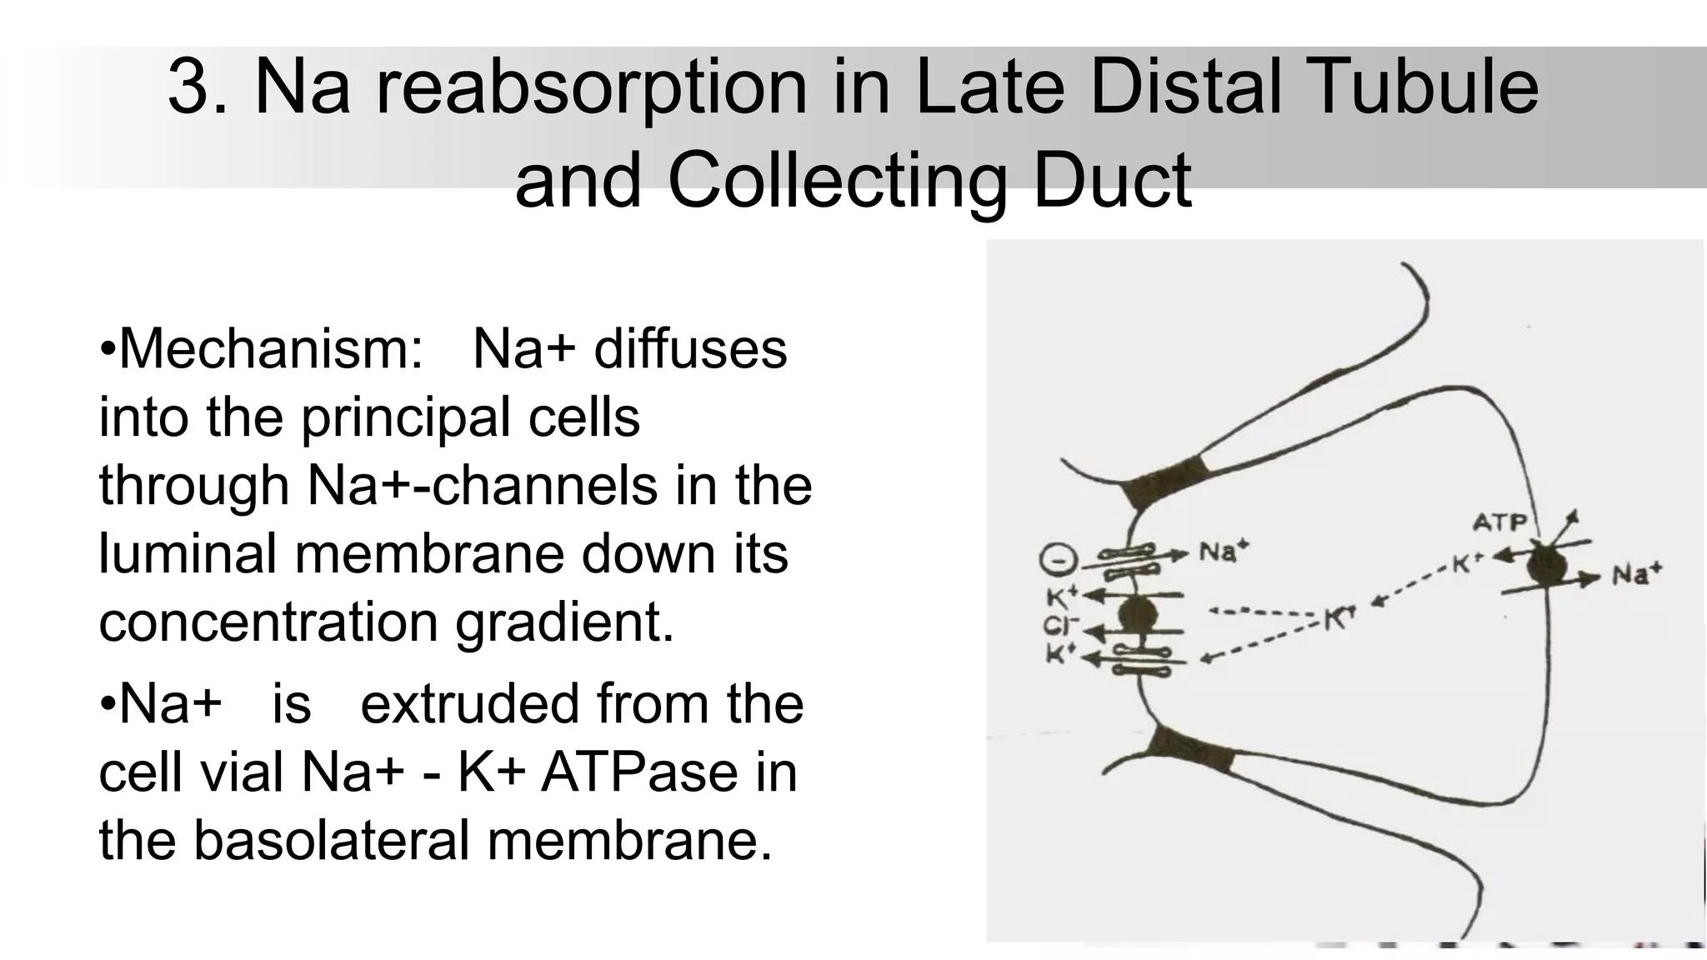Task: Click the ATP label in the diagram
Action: [1499, 522]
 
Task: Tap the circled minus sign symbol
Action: [1058, 561]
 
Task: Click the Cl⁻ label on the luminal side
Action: [1060, 626]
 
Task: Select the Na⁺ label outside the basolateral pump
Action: [1636, 573]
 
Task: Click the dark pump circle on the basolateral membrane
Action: [1547, 566]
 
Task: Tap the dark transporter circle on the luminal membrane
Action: [1137, 616]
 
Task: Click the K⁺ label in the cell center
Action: [1339, 617]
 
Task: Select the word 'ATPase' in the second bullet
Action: [639, 772]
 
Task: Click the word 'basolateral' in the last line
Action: [332, 840]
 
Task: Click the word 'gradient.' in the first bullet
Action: [563, 622]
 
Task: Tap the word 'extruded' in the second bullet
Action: [469, 704]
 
